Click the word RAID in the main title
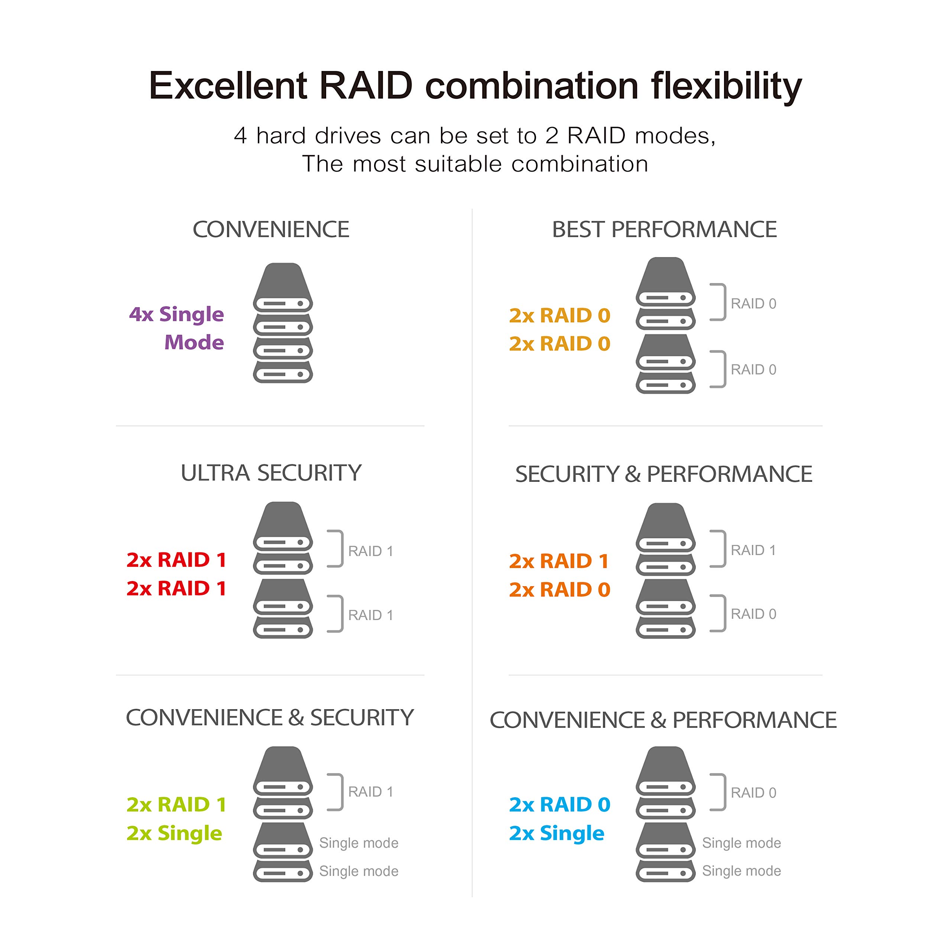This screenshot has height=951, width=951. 366,86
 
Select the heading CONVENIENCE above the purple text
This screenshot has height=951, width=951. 271,229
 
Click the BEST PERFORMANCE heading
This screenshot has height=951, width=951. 664,229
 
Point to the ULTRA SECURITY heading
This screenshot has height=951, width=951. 271,473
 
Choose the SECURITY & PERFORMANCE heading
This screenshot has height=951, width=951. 663,474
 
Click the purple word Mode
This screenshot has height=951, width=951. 194,342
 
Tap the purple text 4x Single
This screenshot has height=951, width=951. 176,314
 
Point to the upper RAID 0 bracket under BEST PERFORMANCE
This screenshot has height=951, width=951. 719,302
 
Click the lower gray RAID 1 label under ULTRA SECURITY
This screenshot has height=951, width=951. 371,615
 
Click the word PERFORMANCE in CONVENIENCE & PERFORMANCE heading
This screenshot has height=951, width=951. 754,720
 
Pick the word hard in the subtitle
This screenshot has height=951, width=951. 281,136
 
